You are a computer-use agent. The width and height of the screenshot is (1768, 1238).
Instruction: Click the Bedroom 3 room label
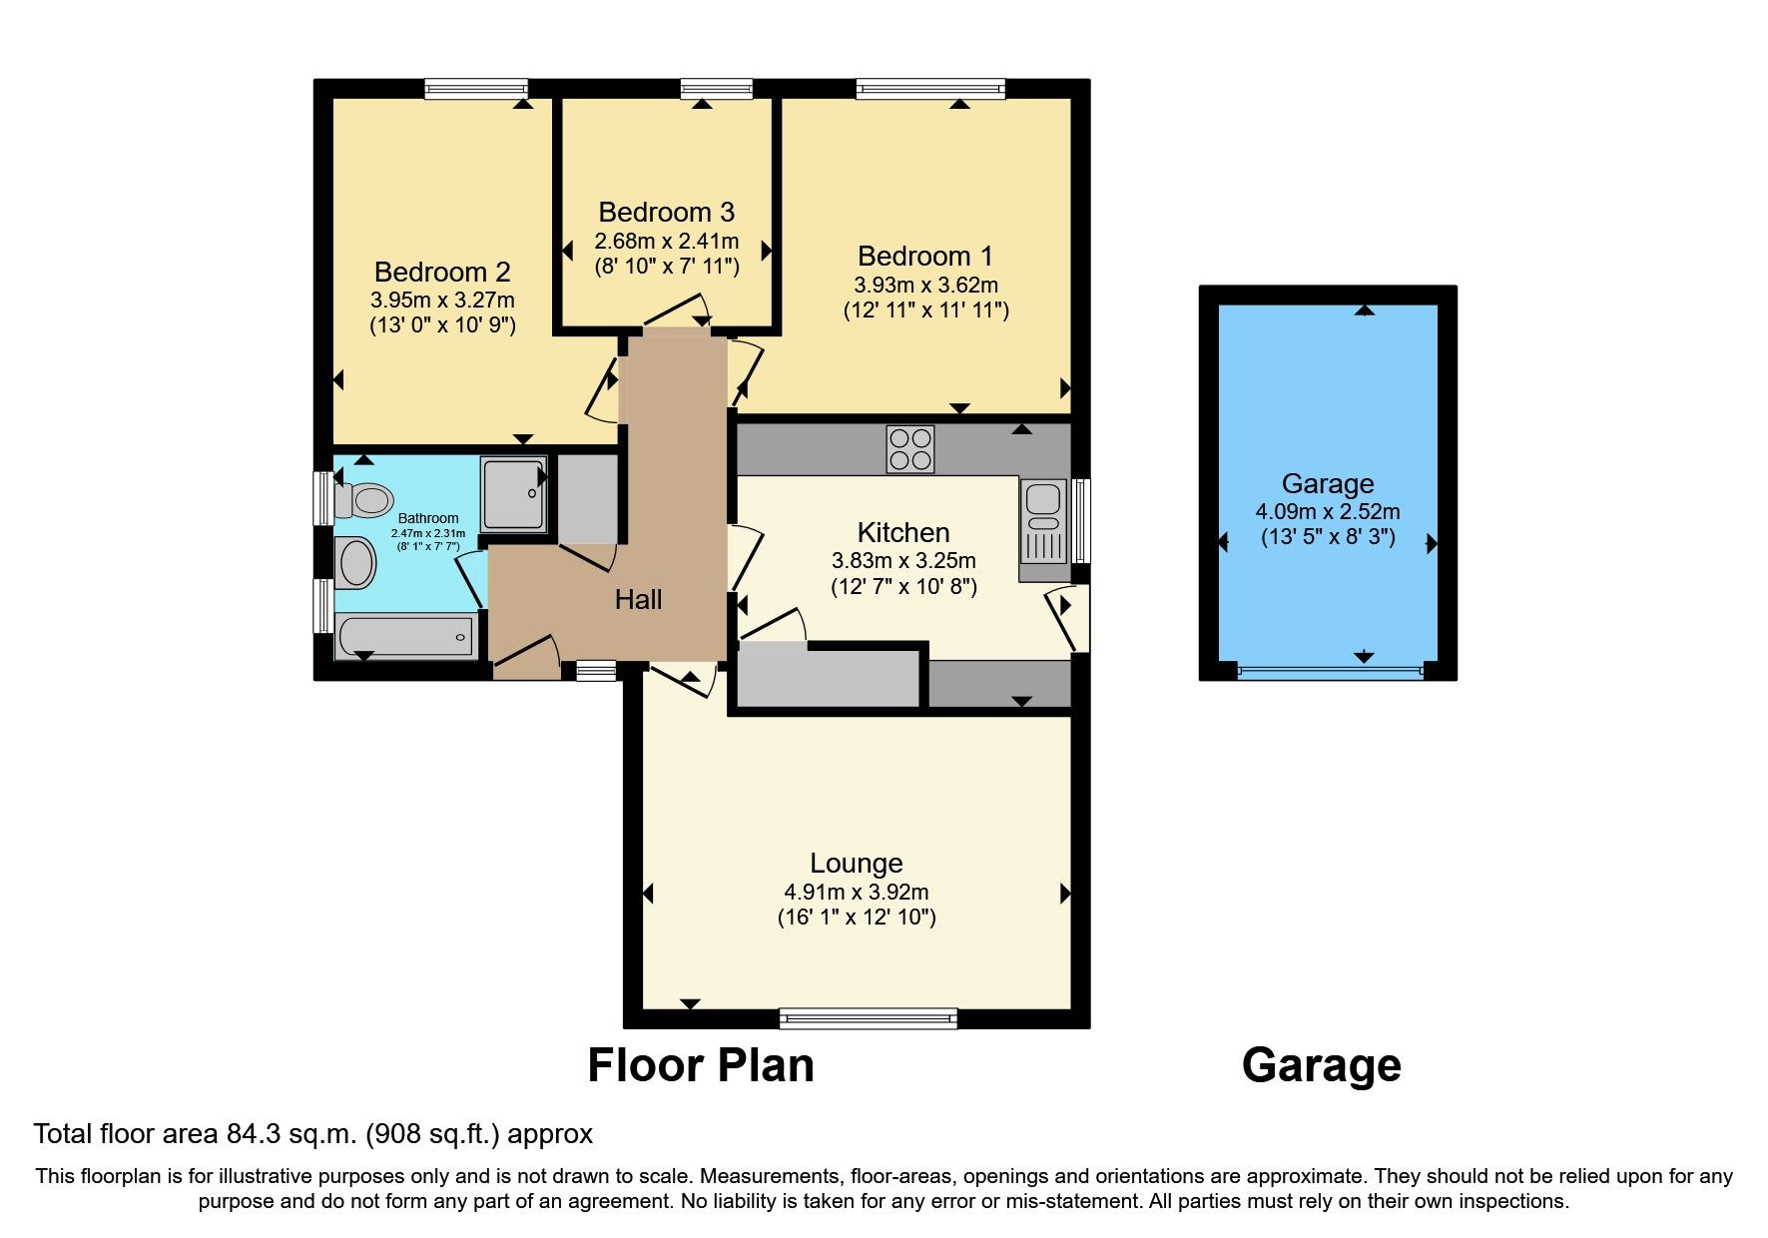click(x=666, y=213)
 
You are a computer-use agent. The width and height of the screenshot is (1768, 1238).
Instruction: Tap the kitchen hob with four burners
click(x=909, y=449)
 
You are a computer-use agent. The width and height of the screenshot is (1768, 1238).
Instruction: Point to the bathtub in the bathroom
click(x=404, y=636)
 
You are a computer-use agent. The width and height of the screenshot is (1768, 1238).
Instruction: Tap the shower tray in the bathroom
click(x=514, y=493)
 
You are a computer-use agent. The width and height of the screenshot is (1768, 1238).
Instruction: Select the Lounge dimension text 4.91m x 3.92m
click(x=856, y=892)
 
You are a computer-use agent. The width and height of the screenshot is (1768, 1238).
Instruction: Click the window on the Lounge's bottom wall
click(x=868, y=1018)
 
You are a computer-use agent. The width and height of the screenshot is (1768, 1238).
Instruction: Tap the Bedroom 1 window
click(x=929, y=89)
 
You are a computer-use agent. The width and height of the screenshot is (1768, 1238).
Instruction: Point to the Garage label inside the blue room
click(x=1327, y=484)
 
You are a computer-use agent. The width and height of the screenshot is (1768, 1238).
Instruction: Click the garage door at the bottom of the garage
click(x=1329, y=672)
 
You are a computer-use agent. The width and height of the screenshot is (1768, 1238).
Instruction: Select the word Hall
click(x=638, y=600)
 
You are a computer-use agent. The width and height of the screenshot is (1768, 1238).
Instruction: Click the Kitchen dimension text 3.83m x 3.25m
click(x=902, y=561)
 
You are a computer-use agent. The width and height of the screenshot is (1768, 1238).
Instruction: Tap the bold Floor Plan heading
click(x=700, y=1065)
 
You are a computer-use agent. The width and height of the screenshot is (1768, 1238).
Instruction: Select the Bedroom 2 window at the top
click(x=475, y=89)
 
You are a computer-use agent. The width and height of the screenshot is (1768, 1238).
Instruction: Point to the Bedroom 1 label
click(x=924, y=257)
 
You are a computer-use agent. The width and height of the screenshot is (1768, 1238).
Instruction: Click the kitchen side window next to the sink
click(x=1081, y=520)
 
